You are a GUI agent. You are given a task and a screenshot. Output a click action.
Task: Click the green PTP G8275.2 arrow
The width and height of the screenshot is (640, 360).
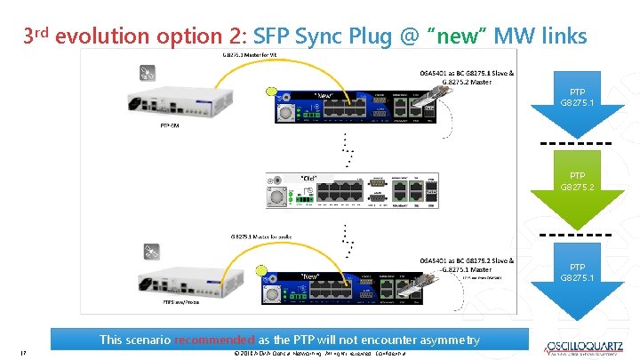(578, 182)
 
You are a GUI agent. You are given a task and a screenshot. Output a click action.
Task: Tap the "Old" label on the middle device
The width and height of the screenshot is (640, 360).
(309, 177)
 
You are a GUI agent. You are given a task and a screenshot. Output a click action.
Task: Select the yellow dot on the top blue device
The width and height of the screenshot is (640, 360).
(271, 91)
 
